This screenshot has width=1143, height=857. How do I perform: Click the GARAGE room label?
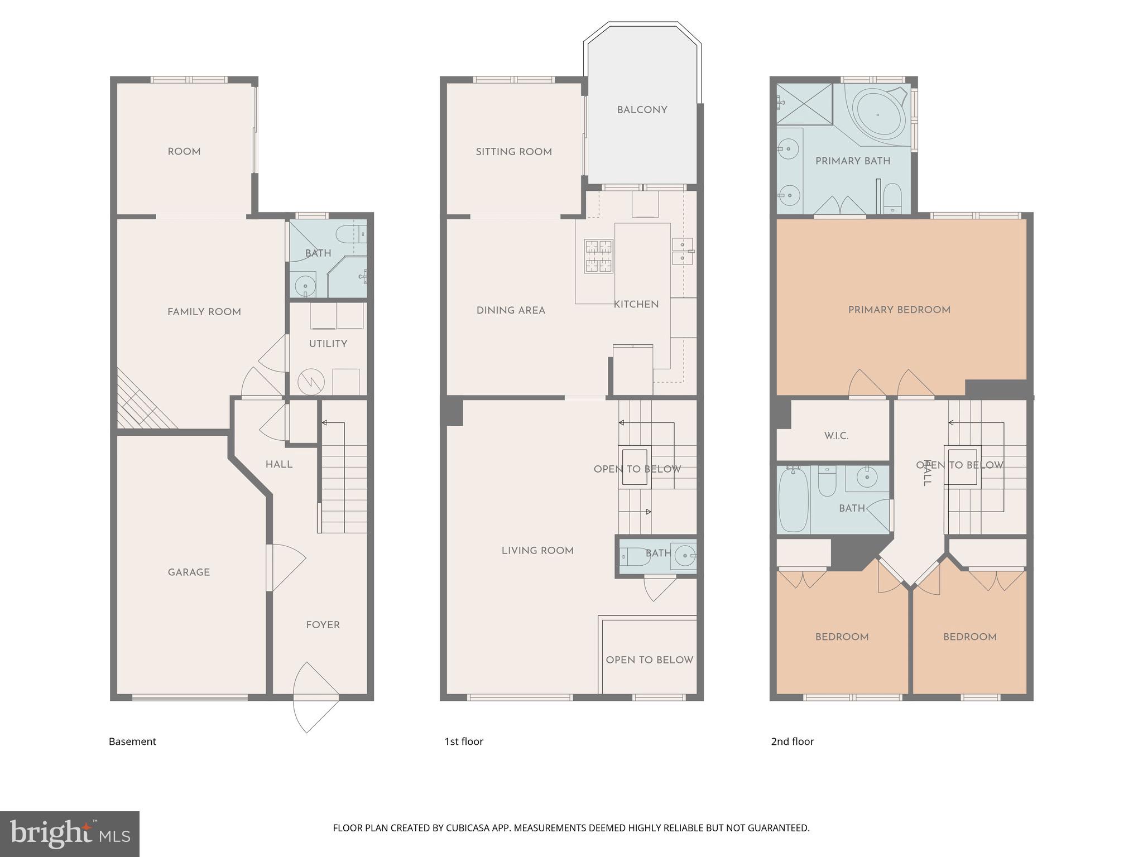click(189, 572)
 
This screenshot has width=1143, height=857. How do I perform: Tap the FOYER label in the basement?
click(323, 625)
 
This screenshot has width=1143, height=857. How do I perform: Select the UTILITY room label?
click(328, 344)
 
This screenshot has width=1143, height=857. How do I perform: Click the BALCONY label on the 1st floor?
click(642, 110)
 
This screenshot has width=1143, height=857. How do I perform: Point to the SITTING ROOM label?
click(513, 152)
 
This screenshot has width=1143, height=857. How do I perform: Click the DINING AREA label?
click(511, 310)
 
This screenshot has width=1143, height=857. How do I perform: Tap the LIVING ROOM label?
click(537, 551)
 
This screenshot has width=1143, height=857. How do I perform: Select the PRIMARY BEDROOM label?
click(899, 310)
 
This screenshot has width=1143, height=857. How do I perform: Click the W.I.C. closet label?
click(836, 436)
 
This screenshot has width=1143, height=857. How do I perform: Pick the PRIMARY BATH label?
click(852, 161)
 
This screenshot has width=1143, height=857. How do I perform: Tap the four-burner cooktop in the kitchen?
click(598, 256)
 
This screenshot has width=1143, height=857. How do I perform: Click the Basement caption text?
click(132, 742)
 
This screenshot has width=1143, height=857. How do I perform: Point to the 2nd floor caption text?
click(792, 742)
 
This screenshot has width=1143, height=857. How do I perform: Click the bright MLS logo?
click(70, 834)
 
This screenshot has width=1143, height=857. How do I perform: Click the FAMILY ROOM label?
click(204, 312)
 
